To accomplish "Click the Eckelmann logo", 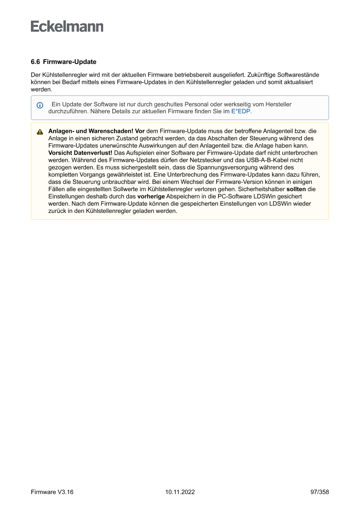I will click(x=67, y=27).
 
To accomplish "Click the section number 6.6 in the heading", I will click(x=35, y=62).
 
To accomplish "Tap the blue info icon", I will click(x=40, y=105).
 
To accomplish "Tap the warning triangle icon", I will click(x=40, y=132).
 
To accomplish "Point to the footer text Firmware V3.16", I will click(x=52, y=492).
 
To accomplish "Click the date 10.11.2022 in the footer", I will click(x=180, y=492).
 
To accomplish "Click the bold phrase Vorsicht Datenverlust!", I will click(x=80, y=153).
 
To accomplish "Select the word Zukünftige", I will click(x=266, y=75).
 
